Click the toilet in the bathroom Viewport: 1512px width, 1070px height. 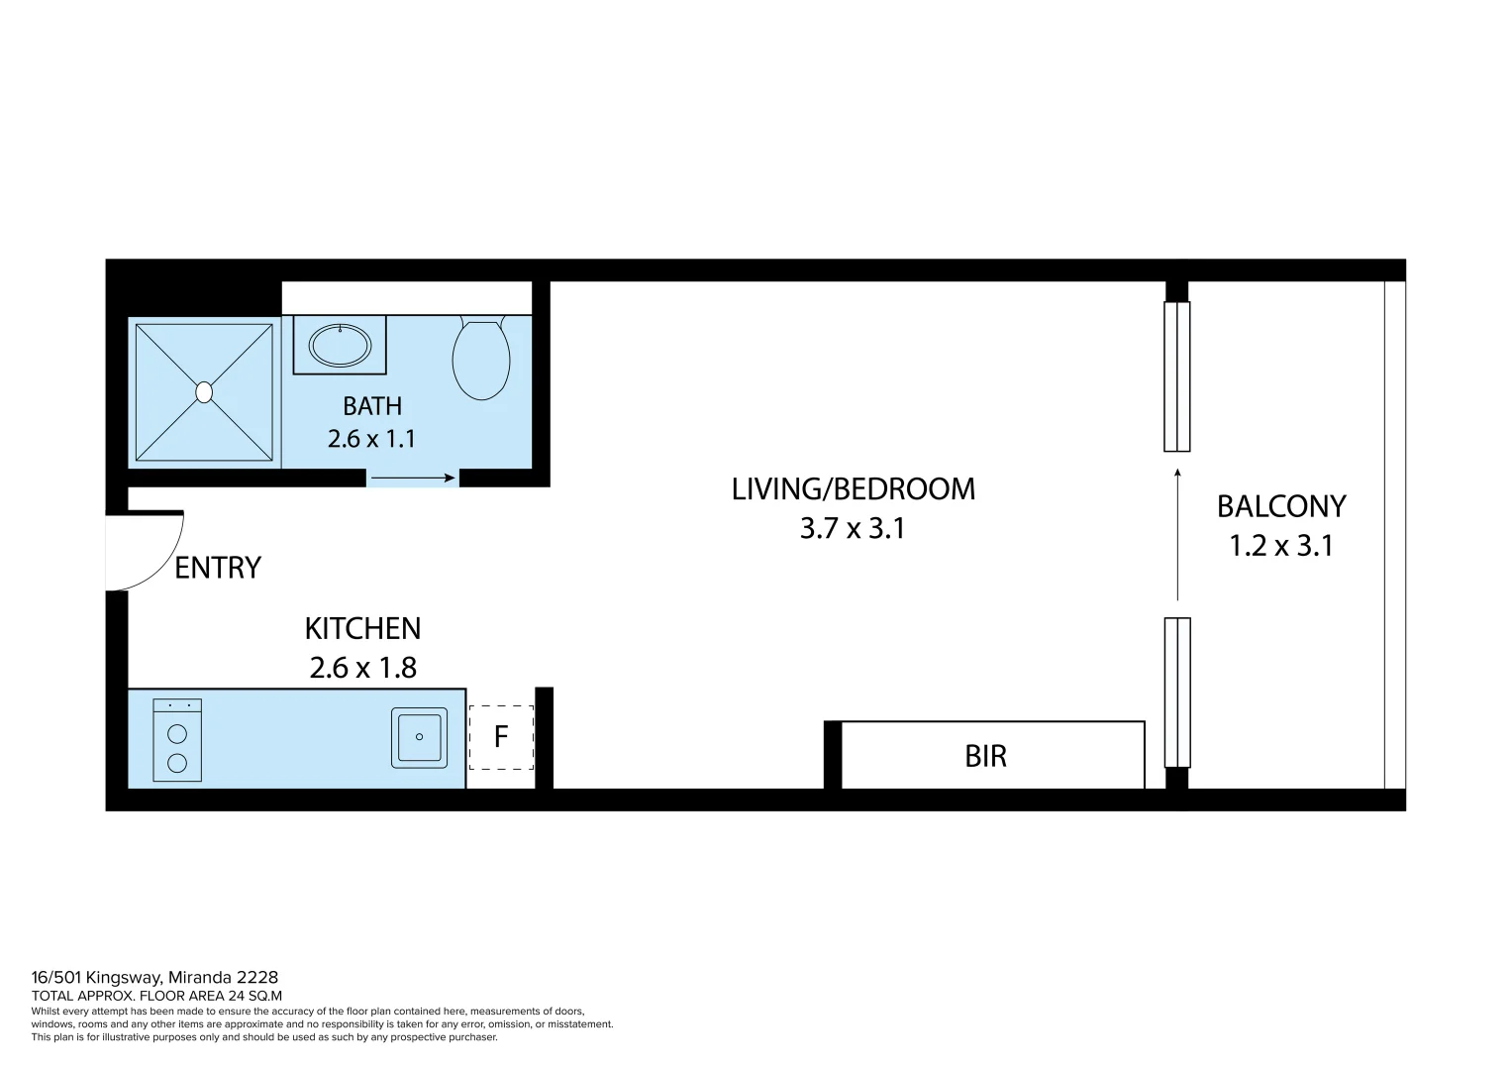pos(481,359)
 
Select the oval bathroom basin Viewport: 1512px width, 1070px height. pos(340,346)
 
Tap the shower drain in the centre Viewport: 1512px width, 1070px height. pos(204,392)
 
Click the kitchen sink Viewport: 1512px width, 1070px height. pos(419,737)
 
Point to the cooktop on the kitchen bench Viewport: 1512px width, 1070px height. pos(177,740)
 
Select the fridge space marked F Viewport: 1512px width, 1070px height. pos(501,737)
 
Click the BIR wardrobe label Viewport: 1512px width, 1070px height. pos(985,757)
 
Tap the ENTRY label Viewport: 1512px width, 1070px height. pos(218,568)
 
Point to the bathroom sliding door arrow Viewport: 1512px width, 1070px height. pos(412,479)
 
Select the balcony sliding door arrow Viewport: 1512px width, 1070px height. pos(1176,535)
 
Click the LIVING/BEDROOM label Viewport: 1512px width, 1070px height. pos(853,489)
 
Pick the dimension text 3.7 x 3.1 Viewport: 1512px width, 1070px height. pos(853,529)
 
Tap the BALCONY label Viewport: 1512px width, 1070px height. pos(1280,507)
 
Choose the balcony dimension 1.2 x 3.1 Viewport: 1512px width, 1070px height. pos(1280,546)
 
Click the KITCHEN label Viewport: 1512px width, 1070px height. pos(362,629)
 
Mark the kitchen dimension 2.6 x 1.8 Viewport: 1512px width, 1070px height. pos(362,669)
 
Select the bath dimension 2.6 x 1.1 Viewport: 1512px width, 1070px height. pos(371,439)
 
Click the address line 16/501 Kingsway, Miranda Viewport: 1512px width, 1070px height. pos(154,977)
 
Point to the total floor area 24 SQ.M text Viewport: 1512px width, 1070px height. pos(156,996)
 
